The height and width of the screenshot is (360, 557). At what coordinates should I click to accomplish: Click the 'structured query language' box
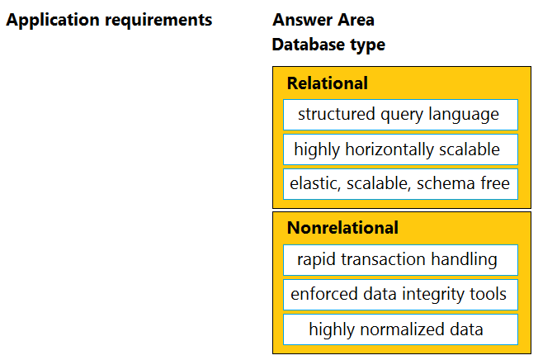[x=400, y=115]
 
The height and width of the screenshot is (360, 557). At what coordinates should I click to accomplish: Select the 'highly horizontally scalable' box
[x=400, y=149]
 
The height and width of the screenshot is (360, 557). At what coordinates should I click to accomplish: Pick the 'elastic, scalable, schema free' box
[x=400, y=184]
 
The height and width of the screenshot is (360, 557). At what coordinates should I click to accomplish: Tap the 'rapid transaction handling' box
[x=400, y=260]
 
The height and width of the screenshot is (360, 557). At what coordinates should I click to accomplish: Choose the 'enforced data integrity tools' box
[x=400, y=295]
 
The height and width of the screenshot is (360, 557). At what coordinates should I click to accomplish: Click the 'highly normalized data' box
[x=400, y=329]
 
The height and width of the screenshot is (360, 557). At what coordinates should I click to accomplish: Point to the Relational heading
[x=327, y=83]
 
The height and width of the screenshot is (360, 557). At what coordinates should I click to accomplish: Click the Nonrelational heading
[x=342, y=228]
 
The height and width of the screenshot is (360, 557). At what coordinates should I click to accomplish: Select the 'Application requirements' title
[x=109, y=21]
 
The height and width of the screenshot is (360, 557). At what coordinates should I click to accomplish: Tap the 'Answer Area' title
[x=323, y=20]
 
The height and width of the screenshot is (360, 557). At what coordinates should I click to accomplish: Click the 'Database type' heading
[x=328, y=45]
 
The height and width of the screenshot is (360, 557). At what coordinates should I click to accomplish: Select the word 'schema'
[x=446, y=183]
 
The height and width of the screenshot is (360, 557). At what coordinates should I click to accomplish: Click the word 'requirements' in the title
[x=158, y=21]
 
